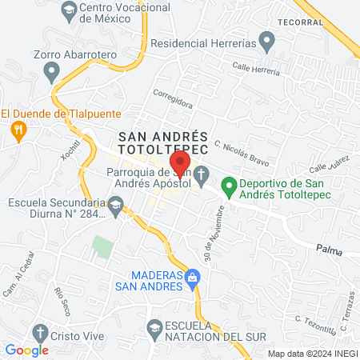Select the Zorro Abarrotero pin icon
(53, 74)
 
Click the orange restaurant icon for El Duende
(16, 129)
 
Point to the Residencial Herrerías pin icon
(268, 42)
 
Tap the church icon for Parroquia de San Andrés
(202, 173)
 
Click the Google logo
(26, 350)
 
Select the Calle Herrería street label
(255, 70)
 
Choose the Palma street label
(328, 250)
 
